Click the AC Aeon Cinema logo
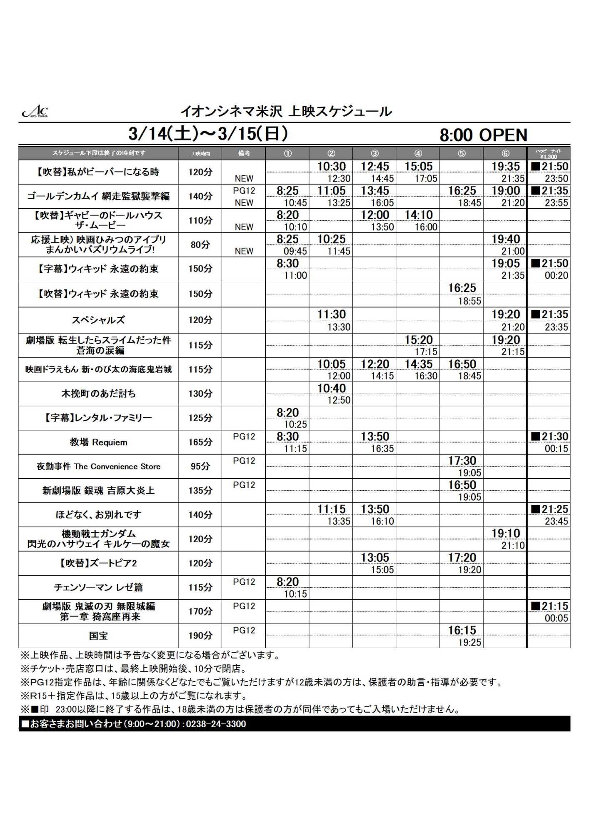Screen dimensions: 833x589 click(x=35, y=111)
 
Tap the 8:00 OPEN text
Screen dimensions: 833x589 click(x=483, y=135)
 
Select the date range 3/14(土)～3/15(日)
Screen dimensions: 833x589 click(x=208, y=134)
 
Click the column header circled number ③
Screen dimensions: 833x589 click(x=374, y=153)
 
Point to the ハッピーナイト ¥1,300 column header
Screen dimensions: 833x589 click(x=548, y=154)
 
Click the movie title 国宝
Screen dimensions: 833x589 click(x=98, y=636)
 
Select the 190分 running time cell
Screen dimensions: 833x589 click(x=200, y=636)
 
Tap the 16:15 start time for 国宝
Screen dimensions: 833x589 click(x=462, y=630)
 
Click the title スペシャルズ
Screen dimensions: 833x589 click(x=98, y=320)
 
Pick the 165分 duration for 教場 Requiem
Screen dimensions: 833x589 click(x=200, y=442)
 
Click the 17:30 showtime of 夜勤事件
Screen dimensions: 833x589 click(x=462, y=461)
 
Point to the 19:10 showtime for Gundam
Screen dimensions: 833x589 click(x=505, y=534)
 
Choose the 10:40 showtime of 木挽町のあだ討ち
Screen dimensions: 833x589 click(x=331, y=388)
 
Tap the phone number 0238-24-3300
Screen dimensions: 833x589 click(x=216, y=724)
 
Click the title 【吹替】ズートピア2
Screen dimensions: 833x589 click(x=98, y=563)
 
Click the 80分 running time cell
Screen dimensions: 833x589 click(x=200, y=244)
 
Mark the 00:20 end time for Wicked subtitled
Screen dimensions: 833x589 click(x=556, y=275)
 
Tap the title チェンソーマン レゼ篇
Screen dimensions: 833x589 click(x=98, y=587)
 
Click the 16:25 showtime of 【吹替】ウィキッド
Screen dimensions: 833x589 click(x=462, y=288)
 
